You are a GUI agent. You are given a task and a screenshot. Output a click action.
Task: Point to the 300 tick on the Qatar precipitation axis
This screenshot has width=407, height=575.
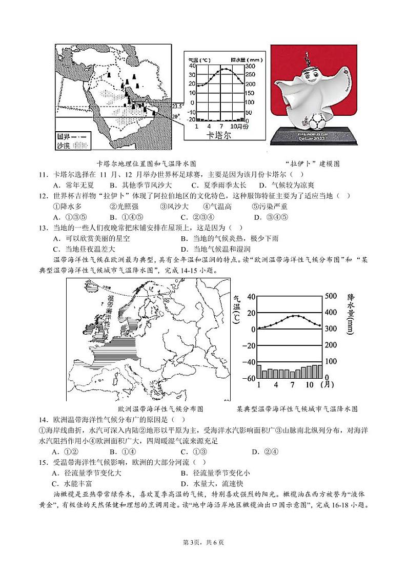coord(250,66)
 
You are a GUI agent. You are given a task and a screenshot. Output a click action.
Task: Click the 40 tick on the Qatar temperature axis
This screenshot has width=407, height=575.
coord(192,66)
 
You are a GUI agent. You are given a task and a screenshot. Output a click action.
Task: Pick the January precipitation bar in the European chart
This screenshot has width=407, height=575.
coord(259,371)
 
